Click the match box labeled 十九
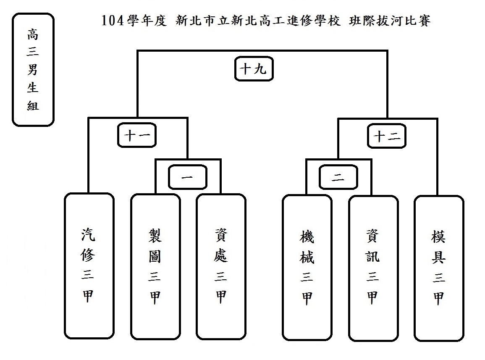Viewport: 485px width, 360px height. (253, 70)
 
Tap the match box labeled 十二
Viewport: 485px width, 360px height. (387, 136)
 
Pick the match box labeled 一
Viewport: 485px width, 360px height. (188, 178)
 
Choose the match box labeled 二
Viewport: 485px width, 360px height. (338, 178)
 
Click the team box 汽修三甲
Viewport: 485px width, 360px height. (89, 266)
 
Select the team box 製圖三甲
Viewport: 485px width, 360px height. (155, 267)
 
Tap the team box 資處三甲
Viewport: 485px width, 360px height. (221, 267)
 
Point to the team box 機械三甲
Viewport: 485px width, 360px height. (307, 268)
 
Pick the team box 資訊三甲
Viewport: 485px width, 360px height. (373, 268)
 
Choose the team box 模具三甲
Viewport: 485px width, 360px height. (439, 268)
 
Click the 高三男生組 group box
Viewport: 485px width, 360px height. (33, 69)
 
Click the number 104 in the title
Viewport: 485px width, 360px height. (112, 21)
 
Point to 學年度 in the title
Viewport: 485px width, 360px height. (146, 21)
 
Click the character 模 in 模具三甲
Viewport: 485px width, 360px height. (439, 237)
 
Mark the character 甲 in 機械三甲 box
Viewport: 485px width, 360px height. (307, 298)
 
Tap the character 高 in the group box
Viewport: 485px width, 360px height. (33, 34)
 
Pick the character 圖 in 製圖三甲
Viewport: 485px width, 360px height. (155, 257)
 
